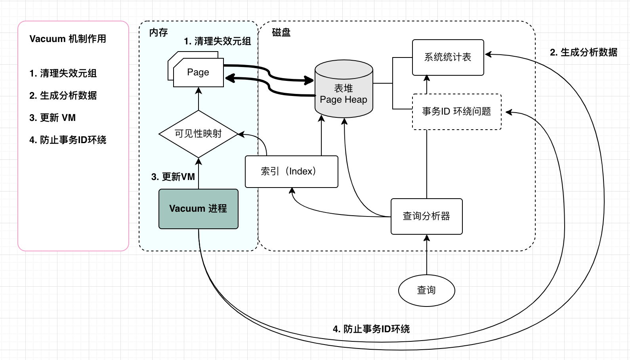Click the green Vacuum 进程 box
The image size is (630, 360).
198,209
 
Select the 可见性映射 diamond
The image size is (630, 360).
198,134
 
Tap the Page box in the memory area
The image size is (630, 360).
198,73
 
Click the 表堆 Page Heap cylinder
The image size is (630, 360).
344,94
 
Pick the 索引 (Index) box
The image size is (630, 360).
291,171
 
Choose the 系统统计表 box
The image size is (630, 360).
448,57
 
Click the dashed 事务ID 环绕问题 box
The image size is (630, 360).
456,111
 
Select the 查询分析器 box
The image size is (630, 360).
426,216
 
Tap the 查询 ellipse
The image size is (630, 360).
426,290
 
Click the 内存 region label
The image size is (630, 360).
158,33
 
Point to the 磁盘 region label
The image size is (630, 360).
281,33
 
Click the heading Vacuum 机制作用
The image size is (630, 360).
68,39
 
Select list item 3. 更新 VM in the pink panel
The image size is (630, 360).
52,118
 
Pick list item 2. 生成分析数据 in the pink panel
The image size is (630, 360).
63,96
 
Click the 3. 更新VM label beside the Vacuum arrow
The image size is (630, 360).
173,177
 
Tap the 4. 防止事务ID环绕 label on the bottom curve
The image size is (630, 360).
371,329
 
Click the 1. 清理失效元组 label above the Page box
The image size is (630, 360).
218,41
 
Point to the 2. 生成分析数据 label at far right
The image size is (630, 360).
584,52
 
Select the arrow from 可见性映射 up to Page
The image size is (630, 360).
199,99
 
